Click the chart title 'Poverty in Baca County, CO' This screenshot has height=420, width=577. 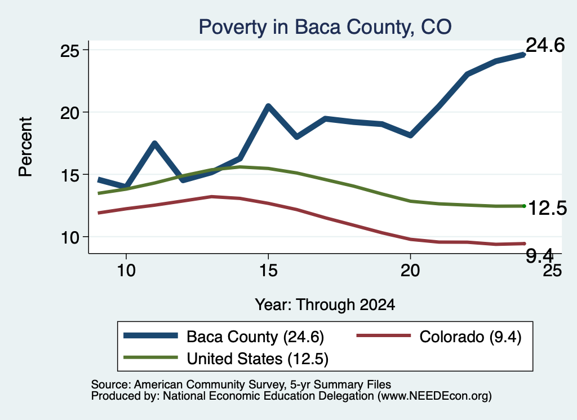325,27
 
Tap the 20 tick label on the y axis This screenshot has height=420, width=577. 69,113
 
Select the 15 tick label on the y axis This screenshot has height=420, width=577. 69,175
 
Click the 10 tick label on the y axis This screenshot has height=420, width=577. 69,237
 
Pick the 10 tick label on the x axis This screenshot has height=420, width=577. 126,271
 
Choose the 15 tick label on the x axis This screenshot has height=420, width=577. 268,271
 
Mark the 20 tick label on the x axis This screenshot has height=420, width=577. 410,271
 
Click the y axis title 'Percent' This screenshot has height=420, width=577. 25,147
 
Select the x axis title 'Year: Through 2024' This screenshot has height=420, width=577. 325,305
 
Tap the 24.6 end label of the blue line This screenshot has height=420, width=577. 545,45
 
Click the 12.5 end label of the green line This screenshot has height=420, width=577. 547,209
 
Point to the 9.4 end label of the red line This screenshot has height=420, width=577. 539,255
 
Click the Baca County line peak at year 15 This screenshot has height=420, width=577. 268,106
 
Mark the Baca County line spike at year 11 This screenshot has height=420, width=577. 154,143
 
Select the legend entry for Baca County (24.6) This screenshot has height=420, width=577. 224,337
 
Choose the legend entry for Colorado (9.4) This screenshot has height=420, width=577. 439,337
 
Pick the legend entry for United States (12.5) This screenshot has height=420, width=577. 226,359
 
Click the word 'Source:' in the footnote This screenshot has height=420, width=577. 111,384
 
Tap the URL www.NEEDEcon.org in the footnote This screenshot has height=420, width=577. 434,396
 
